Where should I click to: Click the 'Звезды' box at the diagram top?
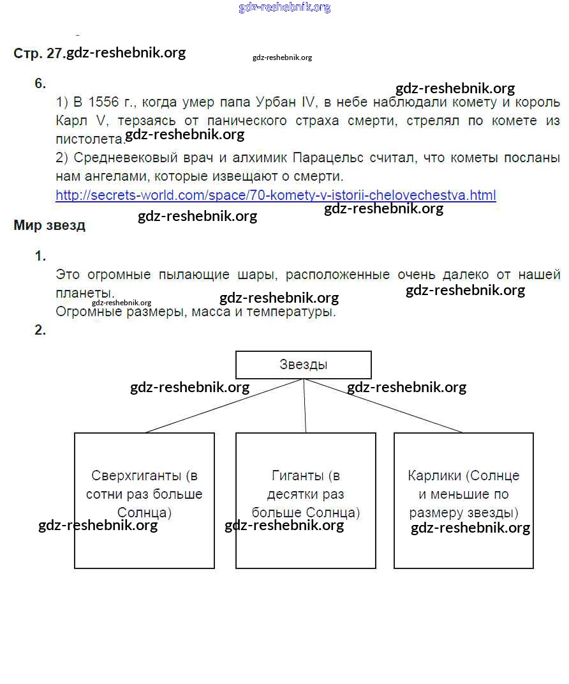tap(304, 365)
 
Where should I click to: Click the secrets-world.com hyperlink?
tap(276, 195)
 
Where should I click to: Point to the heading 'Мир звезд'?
tap(49, 225)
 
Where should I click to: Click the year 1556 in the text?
tap(103, 103)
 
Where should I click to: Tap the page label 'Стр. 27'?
tap(38, 54)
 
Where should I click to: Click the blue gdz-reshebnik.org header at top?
tap(284, 8)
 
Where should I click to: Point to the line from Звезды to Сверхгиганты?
tap(223, 406)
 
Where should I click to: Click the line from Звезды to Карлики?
tap(383, 406)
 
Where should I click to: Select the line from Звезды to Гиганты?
tap(305, 406)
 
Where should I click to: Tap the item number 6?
tap(40, 84)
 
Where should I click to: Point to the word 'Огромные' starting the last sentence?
tap(86, 312)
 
